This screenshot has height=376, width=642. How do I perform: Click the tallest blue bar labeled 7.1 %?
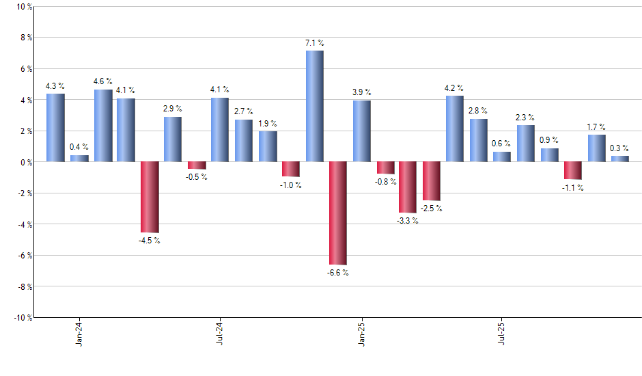coord(314,106)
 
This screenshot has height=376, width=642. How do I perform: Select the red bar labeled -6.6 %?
coord(338,213)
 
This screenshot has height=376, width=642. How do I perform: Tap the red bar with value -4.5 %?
coord(150,197)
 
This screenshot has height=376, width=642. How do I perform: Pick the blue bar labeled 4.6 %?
coord(103,126)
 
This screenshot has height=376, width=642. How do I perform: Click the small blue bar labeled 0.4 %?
coord(79,158)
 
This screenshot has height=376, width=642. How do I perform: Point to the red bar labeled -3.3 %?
coord(408,187)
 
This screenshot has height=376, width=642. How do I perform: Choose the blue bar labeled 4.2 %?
coord(455,129)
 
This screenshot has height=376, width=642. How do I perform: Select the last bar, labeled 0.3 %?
coord(620,159)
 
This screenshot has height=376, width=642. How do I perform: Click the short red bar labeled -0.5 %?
coord(197,165)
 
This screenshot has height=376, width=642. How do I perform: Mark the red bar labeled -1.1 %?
coord(573,170)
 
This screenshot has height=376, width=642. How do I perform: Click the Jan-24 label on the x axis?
coord(79,332)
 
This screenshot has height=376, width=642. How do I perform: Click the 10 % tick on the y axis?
coord(23,7)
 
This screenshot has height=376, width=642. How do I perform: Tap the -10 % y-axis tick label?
coord(22,317)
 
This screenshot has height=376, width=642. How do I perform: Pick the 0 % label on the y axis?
coord(25,162)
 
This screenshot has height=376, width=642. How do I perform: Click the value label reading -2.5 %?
coord(432,209)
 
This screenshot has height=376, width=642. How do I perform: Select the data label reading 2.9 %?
coord(173,109)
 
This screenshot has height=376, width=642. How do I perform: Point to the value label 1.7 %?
coord(596,127)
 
